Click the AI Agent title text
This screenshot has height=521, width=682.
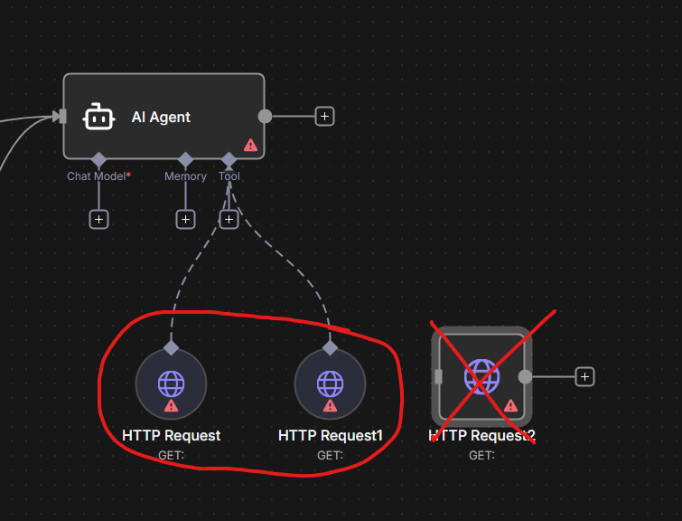pos(161,118)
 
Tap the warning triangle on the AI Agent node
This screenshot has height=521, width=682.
pos(250,145)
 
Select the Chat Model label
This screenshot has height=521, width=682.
pos(96,176)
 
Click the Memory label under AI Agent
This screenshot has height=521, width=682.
pos(185,176)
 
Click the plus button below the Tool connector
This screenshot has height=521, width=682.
pos(229,219)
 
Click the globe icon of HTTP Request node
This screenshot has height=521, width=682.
pos(171,383)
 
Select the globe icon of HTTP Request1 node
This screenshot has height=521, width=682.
pos(330,383)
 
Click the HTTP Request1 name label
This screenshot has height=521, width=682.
pos(330,436)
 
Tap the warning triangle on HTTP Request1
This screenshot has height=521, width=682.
pos(330,406)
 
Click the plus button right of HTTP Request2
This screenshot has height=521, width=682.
pos(584,376)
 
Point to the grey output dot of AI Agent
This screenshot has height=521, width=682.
pos(265,116)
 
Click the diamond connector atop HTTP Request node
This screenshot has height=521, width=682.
pos(171,347)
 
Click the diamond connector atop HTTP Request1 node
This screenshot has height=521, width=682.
pos(330,347)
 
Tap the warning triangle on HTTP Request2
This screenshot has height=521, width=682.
pos(510,406)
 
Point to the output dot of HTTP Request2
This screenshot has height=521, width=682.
pos(525,376)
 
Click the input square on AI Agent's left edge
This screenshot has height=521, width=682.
pos(61,116)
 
